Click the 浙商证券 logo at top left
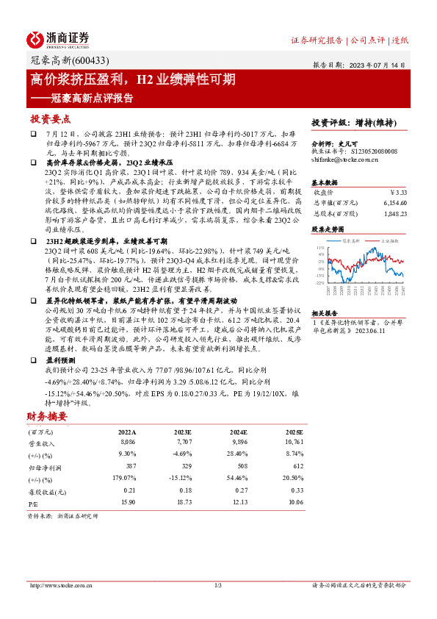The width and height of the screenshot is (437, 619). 58,39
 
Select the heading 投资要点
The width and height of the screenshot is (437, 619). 51,118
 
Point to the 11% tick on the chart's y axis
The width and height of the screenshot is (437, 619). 320,248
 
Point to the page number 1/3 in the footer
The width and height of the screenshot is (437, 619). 217,585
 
